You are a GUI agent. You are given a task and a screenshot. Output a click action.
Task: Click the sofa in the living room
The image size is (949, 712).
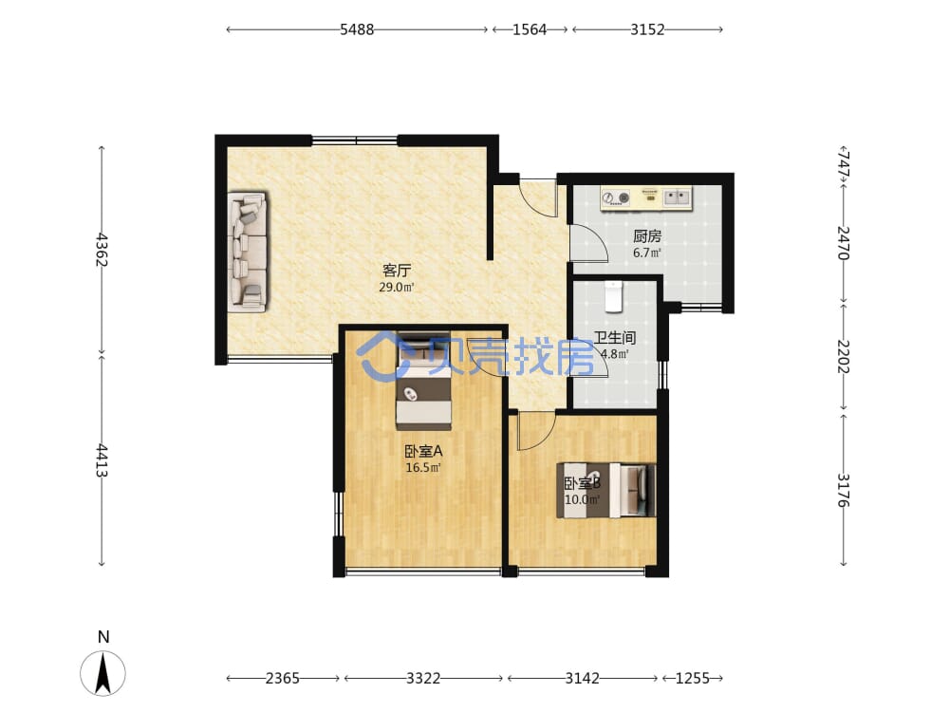(247, 252)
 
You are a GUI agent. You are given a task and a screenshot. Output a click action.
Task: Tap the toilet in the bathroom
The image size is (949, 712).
(614, 296)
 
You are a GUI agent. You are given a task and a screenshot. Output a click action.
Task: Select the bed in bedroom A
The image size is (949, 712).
(423, 382)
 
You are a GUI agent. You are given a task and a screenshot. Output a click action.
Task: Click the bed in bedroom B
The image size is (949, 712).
(605, 491)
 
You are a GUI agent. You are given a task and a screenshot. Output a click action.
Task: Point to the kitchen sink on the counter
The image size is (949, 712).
(677, 197)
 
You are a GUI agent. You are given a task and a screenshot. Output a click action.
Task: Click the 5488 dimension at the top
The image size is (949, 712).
(357, 29)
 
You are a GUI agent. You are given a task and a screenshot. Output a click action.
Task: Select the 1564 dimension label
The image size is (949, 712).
(530, 29)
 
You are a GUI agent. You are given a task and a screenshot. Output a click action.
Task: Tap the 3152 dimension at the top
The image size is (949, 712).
(647, 29)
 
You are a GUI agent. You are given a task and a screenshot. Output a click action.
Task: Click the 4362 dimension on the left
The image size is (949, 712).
(102, 250)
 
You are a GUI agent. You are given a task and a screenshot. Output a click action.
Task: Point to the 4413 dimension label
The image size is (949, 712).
(102, 460)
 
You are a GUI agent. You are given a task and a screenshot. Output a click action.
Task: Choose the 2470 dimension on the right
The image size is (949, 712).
(843, 242)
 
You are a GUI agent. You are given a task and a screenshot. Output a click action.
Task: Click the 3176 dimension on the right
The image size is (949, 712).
(843, 490)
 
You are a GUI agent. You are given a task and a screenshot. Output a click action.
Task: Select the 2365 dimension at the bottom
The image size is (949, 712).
(283, 678)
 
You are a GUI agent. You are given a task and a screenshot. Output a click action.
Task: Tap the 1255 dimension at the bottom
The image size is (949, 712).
(692, 678)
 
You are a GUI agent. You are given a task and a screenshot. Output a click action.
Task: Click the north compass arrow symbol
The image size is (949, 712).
(102, 673)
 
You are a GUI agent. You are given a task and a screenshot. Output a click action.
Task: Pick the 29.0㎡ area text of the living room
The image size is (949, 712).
(397, 287)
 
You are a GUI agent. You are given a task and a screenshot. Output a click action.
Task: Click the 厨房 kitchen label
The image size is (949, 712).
(647, 236)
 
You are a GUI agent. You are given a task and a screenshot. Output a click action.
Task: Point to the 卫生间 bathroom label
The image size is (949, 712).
(614, 337)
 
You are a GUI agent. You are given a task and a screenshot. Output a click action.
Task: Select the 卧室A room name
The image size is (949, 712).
(423, 451)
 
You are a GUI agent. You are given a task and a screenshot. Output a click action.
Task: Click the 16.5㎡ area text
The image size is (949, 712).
(423, 467)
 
